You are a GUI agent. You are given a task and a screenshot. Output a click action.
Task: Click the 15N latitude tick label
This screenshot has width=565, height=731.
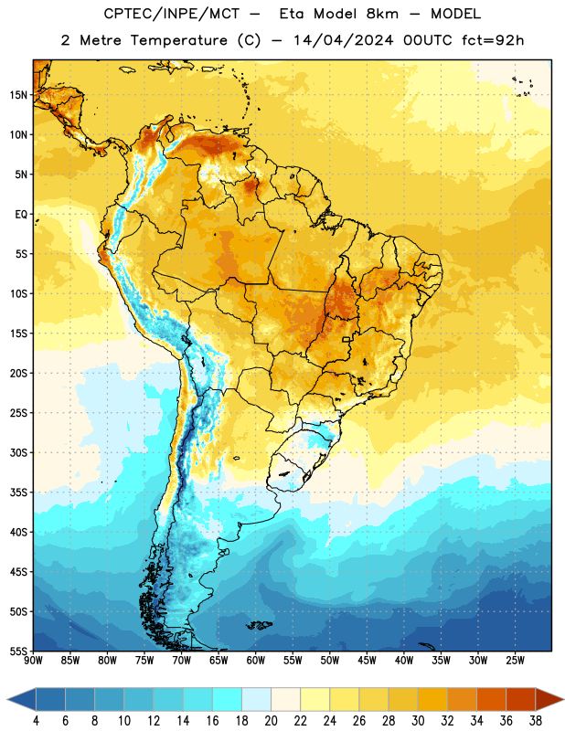click(x=18, y=95)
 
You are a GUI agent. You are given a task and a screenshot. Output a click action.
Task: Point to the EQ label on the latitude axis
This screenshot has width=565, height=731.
click(x=21, y=215)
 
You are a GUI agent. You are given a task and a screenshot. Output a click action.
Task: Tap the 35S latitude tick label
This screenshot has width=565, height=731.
click(x=18, y=493)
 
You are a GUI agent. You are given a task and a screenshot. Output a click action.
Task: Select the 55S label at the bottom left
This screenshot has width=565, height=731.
click(x=18, y=651)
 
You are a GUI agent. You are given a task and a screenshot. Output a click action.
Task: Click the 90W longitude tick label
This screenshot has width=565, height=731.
click(x=33, y=661)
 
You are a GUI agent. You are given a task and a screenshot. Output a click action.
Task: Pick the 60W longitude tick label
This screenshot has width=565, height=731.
click(x=256, y=661)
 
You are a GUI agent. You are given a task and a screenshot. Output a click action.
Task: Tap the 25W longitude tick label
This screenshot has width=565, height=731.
click(x=515, y=661)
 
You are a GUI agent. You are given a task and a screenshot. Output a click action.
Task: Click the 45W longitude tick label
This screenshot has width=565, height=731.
click(x=367, y=661)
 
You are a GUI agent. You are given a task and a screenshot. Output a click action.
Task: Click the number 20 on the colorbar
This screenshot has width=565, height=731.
click(x=271, y=721)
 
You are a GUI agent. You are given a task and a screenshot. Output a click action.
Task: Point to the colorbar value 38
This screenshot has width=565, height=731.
click(x=536, y=721)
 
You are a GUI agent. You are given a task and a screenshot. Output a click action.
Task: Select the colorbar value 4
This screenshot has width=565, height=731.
click(x=36, y=721)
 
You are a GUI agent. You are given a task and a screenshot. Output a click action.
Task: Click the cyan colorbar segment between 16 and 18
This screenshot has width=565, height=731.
click(x=228, y=699)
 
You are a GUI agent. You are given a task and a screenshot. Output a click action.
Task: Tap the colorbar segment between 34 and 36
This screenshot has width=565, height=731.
click(x=492, y=699)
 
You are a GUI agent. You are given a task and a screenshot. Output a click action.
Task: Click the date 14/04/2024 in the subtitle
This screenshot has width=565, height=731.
click(x=344, y=40)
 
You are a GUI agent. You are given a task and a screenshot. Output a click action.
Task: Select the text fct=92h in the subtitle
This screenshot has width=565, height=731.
click(x=493, y=40)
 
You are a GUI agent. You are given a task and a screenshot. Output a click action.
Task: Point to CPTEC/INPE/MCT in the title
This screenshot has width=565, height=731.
click(x=172, y=14)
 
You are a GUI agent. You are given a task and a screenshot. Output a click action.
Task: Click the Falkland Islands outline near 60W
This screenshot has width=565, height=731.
click(x=260, y=625)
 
